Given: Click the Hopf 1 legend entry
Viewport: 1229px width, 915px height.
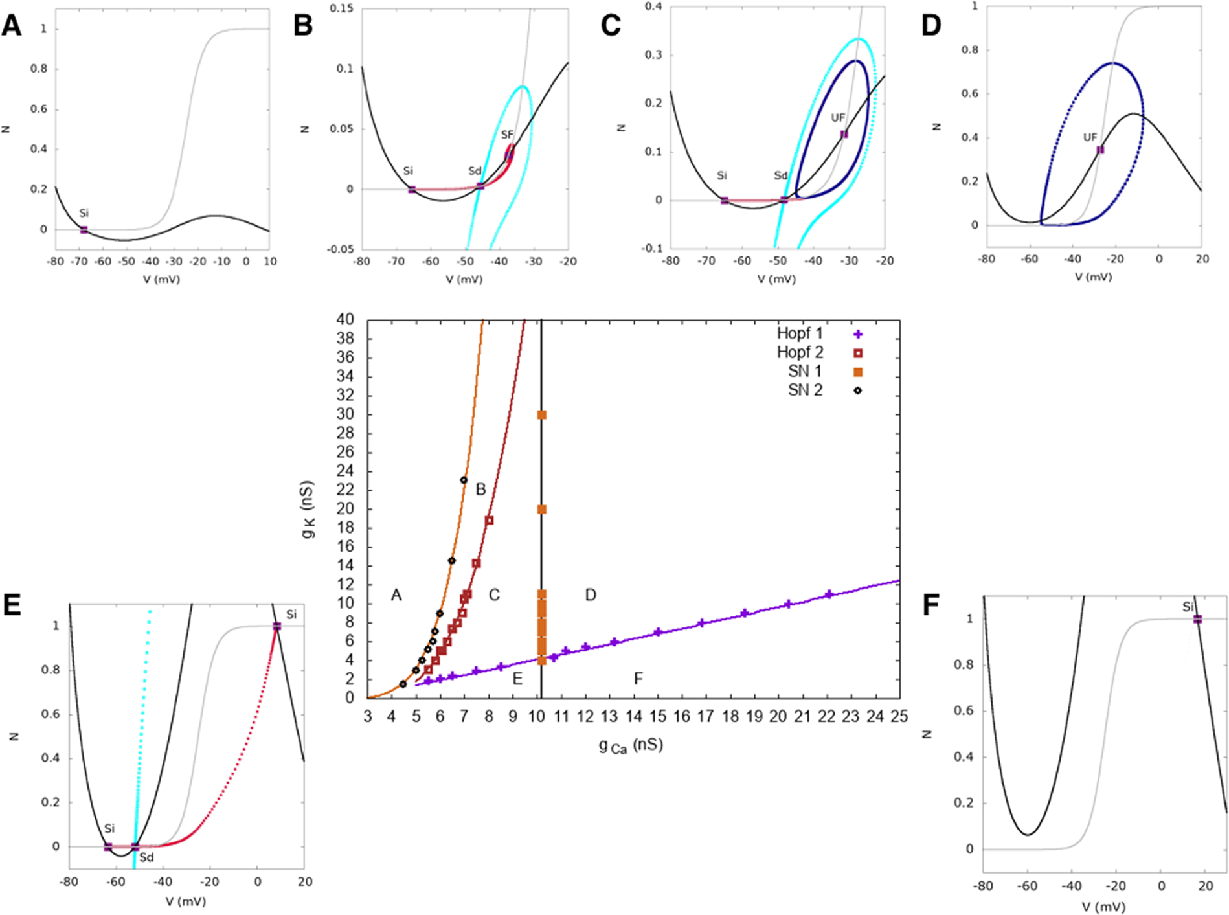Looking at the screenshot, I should [800, 333].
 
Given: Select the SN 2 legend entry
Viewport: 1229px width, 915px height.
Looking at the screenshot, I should [806, 390].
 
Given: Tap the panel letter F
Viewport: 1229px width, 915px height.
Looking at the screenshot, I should [930, 605].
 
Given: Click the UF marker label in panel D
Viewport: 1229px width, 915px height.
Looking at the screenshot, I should [1090, 137].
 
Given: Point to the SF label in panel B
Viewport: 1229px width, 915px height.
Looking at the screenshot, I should [507, 135].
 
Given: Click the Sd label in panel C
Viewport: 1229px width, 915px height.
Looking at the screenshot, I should [781, 175].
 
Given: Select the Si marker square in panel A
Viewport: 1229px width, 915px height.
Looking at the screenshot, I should [84, 230].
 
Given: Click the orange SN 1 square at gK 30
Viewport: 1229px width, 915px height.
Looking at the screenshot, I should [542, 414].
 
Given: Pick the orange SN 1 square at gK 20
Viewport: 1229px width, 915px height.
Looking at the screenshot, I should [542, 509].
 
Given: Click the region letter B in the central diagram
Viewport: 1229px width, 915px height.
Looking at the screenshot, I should [480, 490].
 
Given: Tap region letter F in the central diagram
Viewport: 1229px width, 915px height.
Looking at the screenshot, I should [638, 678].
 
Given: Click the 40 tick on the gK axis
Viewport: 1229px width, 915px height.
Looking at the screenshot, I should [344, 320].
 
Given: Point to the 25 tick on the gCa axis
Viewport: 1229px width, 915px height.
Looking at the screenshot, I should [899, 716].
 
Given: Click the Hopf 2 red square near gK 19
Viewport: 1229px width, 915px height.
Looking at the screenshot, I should [490, 520].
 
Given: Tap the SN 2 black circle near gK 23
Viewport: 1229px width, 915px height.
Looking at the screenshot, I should [464, 480].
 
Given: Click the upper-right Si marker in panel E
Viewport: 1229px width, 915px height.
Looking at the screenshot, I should [277, 626].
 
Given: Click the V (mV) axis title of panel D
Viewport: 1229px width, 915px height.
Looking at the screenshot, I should [1093, 277].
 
